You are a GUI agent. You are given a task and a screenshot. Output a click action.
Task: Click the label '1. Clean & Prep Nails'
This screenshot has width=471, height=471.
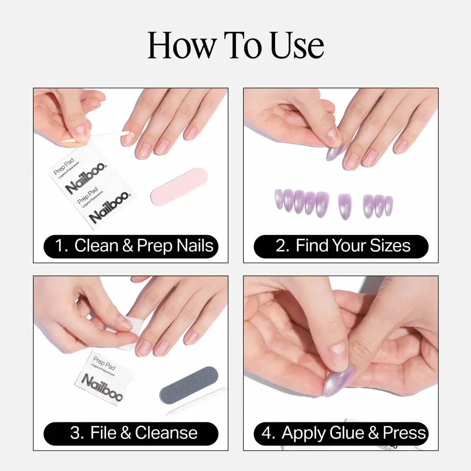[131, 246]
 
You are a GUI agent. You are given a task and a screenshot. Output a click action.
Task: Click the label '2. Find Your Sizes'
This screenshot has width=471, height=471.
[341, 246]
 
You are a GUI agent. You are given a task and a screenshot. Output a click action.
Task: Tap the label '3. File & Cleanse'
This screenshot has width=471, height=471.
[131, 433]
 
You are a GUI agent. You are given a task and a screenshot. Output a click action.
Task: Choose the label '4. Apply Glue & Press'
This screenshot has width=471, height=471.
[341, 433]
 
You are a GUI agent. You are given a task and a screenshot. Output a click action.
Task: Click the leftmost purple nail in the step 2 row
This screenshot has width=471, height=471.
[279, 199]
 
